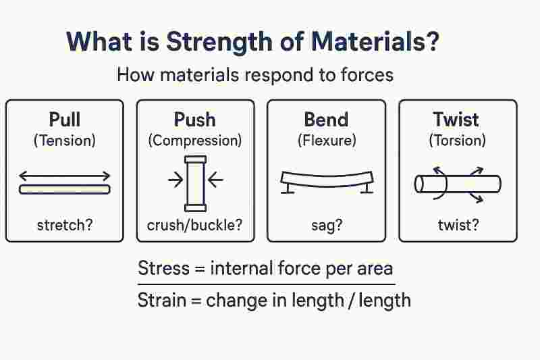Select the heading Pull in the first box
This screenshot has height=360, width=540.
(x=65, y=120)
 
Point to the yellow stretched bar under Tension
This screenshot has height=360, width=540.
(x=65, y=190)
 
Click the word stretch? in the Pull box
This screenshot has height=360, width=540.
(x=65, y=224)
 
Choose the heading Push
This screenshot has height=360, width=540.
(x=195, y=120)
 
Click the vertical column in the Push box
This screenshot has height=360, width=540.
(x=195, y=182)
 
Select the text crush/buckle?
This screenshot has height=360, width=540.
(x=195, y=225)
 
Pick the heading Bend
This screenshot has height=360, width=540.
(x=326, y=120)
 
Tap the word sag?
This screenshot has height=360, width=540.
(x=326, y=225)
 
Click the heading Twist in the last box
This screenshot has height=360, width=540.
(x=456, y=120)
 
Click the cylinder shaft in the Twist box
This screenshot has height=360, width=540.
(x=466, y=183)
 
